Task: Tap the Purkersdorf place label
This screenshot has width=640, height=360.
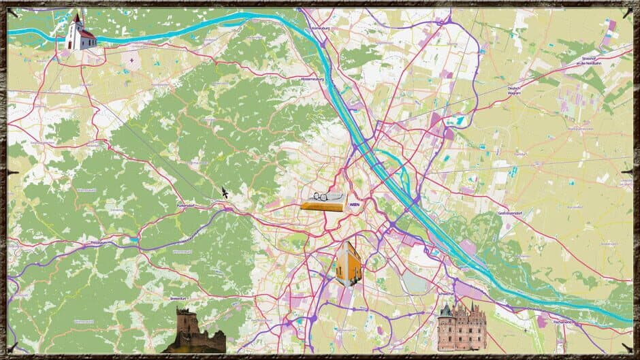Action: click(186, 204)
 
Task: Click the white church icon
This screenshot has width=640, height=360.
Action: click(80, 34)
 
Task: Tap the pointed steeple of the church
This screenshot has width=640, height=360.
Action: click(78, 17)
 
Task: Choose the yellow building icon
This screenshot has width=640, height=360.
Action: click(349, 264)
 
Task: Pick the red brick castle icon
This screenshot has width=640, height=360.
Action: click(462, 327)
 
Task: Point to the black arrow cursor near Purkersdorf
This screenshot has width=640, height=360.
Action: click(224, 193)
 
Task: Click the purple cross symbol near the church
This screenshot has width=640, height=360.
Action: click(131, 60)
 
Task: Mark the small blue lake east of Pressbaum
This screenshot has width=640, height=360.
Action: click(135, 240)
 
